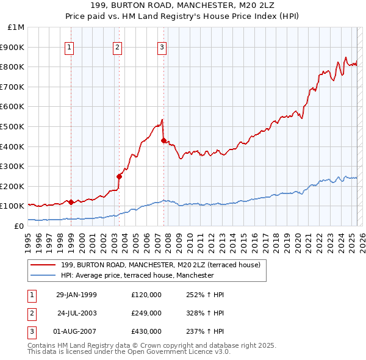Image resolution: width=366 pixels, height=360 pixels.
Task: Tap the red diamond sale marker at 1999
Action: [71, 202]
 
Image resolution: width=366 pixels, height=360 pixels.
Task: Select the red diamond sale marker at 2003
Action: [119, 176]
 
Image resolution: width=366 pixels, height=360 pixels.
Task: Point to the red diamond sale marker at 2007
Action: [163, 140]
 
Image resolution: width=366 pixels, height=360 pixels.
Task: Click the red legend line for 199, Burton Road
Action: [42, 265]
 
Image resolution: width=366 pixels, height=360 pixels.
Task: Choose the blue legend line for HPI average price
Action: [42, 275]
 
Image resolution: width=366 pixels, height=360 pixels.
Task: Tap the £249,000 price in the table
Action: [146, 313]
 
